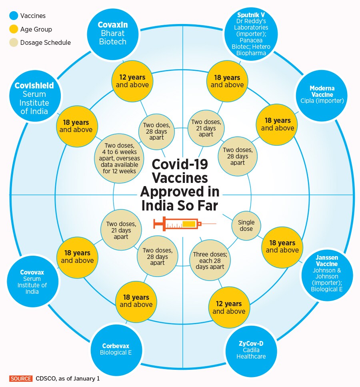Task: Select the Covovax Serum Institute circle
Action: click(32, 281)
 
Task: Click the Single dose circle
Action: click(246, 226)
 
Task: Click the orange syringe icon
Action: click(184, 224)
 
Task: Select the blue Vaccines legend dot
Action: click(14, 16)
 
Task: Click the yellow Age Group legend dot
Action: click(14, 29)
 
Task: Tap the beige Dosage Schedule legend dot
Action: click(14, 42)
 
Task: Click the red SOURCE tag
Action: click(21, 378)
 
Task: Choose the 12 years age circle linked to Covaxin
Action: click(132, 81)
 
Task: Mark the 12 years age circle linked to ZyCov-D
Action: click(229, 307)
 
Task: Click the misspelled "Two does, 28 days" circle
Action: click(157, 130)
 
